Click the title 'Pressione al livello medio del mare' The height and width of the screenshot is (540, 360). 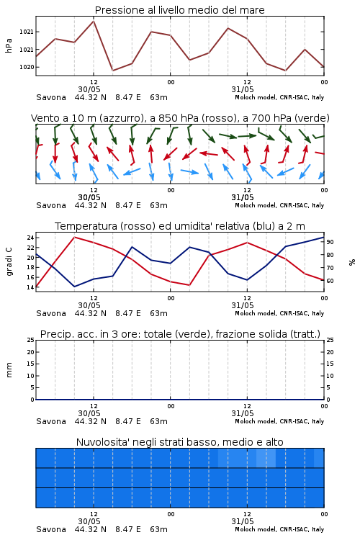pyautogui.click(x=179, y=10)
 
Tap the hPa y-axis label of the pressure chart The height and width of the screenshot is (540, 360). pyautogui.click(x=9, y=45)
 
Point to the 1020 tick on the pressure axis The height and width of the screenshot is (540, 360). pyautogui.click(x=26, y=67)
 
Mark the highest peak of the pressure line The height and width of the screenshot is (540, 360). pyautogui.click(x=94, y=21)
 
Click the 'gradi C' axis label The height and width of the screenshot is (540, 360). pyautogui.click(x=9, y=262)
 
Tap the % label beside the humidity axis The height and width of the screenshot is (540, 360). pyautogui.click(x=352, y=262)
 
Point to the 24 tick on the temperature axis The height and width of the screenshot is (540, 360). pyautogui.click(x=30, y=238)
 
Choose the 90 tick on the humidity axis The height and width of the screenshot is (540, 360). pyautogui.click(x=330, y=242)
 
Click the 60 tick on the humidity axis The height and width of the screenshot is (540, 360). pyautogui.click(x=330, y=281)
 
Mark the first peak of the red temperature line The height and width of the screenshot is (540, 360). pyautogui.click(x=74, y=237)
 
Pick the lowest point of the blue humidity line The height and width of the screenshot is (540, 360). pyautogui.click(x=74, y=287)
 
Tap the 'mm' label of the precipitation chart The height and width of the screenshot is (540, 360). pyautogui.click(x=9, y=370)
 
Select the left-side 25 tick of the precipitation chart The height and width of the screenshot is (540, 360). pyautogui.click(x=30, y=340)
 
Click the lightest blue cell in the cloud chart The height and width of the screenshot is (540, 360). pyautogui.click(x=266, y=458)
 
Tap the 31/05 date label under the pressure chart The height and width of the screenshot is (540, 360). pyautogui.click(x=243, y=89)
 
